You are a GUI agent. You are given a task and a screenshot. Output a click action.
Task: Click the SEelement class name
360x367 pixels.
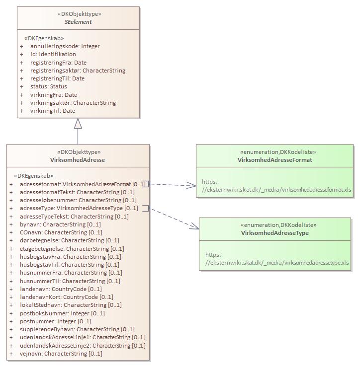point(78,22)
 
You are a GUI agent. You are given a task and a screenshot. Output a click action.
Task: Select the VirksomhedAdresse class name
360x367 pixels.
point(78,160)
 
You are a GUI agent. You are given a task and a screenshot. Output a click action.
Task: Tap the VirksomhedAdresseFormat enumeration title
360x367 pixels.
point(275,160)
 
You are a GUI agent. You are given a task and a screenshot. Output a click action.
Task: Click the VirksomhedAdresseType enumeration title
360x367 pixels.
point(275,233)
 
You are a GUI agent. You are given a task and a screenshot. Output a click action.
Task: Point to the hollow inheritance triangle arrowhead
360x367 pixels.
point(78,124)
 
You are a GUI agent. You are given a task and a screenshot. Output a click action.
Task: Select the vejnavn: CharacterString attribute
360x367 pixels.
point(61,354)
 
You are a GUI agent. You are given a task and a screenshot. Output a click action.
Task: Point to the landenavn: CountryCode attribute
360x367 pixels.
point(61,289)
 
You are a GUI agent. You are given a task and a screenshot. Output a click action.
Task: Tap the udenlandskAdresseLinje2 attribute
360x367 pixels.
point(82,346)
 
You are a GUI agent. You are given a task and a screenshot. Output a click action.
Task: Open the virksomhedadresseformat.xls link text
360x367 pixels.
point(276,190)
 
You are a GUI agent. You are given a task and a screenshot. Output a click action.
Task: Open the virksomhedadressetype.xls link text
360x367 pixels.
point(277,263)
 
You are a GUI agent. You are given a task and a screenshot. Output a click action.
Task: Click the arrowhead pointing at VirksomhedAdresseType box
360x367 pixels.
point(195,227)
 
